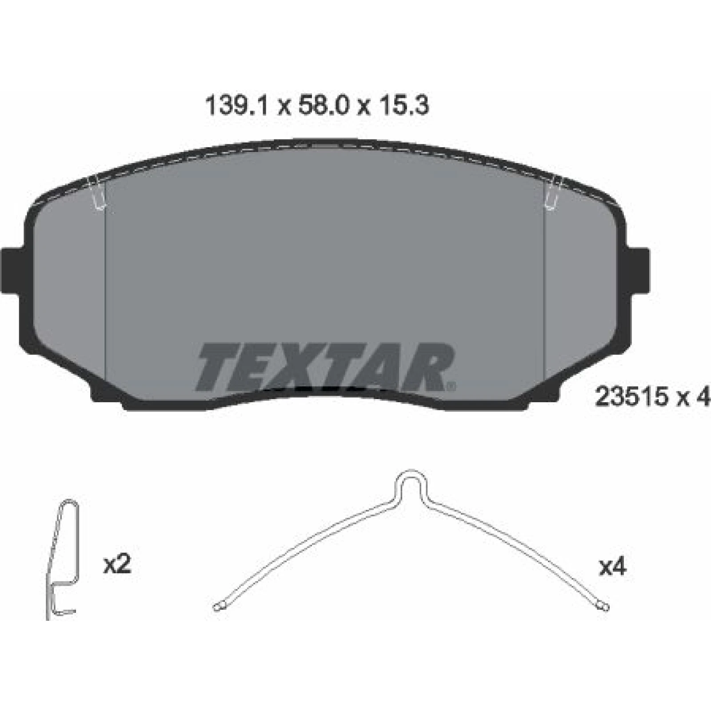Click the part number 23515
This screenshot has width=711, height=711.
(x=631, y=397)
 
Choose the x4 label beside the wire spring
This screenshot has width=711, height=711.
(x=612, y=567)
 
